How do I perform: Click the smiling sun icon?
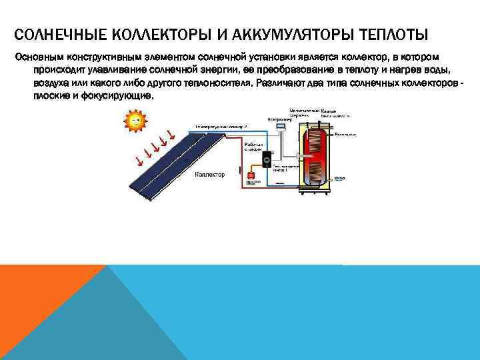tap(135, 120)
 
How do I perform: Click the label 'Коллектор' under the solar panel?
tap(209, 175)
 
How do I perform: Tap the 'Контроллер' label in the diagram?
tap(279, 119)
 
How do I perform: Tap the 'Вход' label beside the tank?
tap(339, 178)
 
